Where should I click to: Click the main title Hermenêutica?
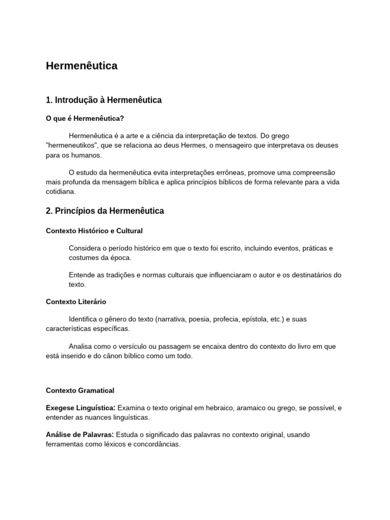coord(81,66)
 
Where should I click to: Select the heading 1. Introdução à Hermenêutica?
coord(104,100)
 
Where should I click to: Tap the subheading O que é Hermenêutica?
coord(85,118)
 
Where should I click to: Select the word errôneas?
coord(231,173)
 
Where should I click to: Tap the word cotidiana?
coord(60,191)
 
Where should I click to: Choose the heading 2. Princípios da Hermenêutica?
coord(105,211)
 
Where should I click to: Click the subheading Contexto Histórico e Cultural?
coord(94,231)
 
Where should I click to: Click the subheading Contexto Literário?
coord(76,302)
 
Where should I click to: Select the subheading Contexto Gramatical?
coord(80,391)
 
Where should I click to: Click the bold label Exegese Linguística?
coord(81,408)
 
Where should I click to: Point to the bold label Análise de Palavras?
coord(80,435)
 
